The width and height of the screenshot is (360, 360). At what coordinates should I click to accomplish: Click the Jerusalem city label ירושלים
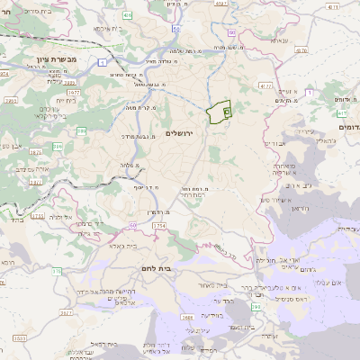pyautogui.click(x=181, y=132)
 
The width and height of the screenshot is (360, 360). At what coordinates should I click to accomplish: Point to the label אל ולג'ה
pyautogui.click(x=60, y=217)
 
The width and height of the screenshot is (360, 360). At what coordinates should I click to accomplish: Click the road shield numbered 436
pyautogui.click(x=128, y=15)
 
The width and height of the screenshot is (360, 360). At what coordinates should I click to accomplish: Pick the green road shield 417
pyautogui.click(x=345, y=114)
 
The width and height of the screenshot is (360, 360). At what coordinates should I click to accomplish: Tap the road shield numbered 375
pyautogui.click(x=56, y=270)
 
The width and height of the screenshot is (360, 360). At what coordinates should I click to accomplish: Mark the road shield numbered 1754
pyautogui.click(x=159, y=225)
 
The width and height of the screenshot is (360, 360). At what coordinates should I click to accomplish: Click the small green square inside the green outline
pyautogui.click(x=226, y=112)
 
